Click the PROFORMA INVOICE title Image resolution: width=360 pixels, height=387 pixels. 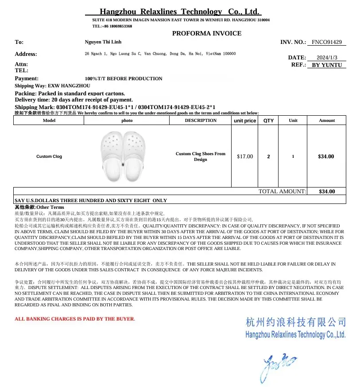coord(206,33)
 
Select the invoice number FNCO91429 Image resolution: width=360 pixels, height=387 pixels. coord(326,42)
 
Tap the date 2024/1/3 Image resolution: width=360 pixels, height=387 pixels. coord(327,58)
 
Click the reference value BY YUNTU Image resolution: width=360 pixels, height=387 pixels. coord(327,65)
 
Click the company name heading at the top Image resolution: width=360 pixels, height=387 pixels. coord(179,12)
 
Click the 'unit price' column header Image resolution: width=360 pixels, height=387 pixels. coord(244,121)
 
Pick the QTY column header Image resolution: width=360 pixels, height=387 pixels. coord(268,121)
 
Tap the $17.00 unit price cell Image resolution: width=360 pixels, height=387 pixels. coord(245,156)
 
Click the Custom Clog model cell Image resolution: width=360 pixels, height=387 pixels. coord(49,156)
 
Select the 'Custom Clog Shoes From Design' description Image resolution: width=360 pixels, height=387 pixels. coord(200,156)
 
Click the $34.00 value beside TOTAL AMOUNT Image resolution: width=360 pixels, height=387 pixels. coord(327,192)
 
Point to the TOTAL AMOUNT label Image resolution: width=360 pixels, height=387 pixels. coord(282,192)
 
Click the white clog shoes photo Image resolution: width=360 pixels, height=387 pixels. coord(121,156)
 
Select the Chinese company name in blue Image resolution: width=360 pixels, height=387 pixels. coord(295,322)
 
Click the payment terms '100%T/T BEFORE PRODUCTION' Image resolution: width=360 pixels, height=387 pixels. coord(124,78)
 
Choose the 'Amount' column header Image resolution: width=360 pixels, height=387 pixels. coord(327,121)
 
